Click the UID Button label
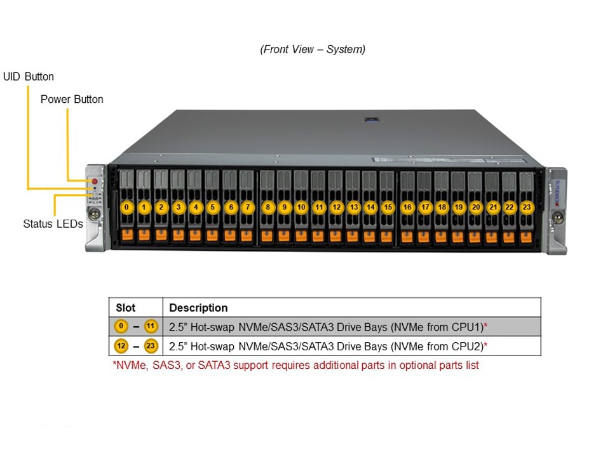coord(29,77)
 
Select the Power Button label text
coord(72,100)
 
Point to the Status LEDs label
coord(53,224)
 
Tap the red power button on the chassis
coord(95,182)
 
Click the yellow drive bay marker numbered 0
coord(127,207)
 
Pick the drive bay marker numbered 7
coord(247,207)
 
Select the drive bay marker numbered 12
coord(337,207)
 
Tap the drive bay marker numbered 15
coord(388,207)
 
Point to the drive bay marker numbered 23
coord(526,207)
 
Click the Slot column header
coord(126,308)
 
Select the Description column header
coord(198,308)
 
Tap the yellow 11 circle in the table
coord(151,327)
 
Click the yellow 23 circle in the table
coord(151,346)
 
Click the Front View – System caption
coord(313,50)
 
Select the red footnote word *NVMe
coord(130,366)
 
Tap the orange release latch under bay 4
coord(196,235)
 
